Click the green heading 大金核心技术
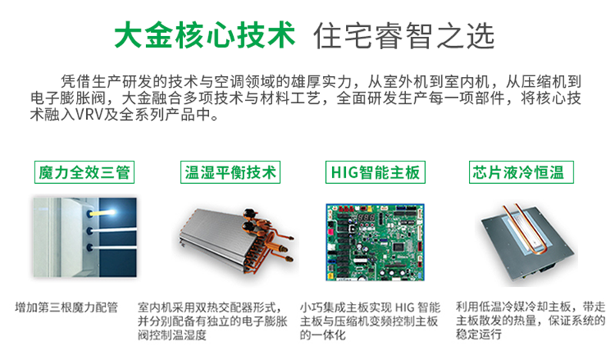pos(204,35)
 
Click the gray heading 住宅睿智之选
pos(404,35)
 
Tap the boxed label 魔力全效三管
pos(85,172)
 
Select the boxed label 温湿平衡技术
pos(230,172)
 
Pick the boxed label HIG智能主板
pos(375,172)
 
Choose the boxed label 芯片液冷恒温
pos(521,172)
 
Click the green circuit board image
pos(375,242)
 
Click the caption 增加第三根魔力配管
pos(66,308)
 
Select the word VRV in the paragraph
pos(88,115)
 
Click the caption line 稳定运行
pos(478,335)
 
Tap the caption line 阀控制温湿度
pos(171,335)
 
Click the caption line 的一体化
pos(323,335)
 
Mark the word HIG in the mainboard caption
pos(404,308)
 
